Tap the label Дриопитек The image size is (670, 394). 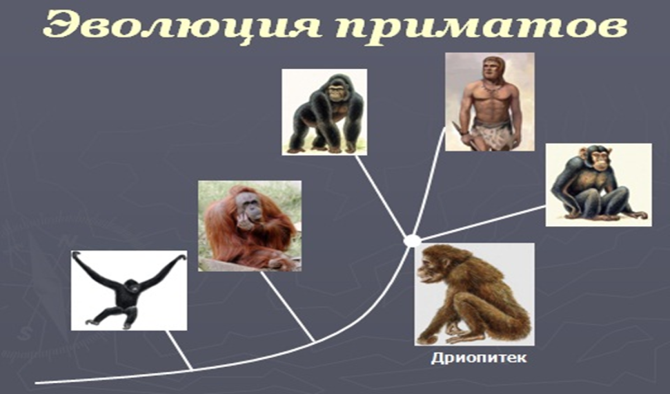[x=478, y=358]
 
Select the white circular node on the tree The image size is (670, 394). [x=412, y=241]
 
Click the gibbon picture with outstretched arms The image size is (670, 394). [x=129, y=290]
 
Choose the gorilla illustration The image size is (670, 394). [x=324, y=112]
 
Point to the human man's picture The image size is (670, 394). [x=489, y=102]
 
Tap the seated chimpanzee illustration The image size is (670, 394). [x=598, y=184]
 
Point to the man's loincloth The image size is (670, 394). [x=491, y=134]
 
